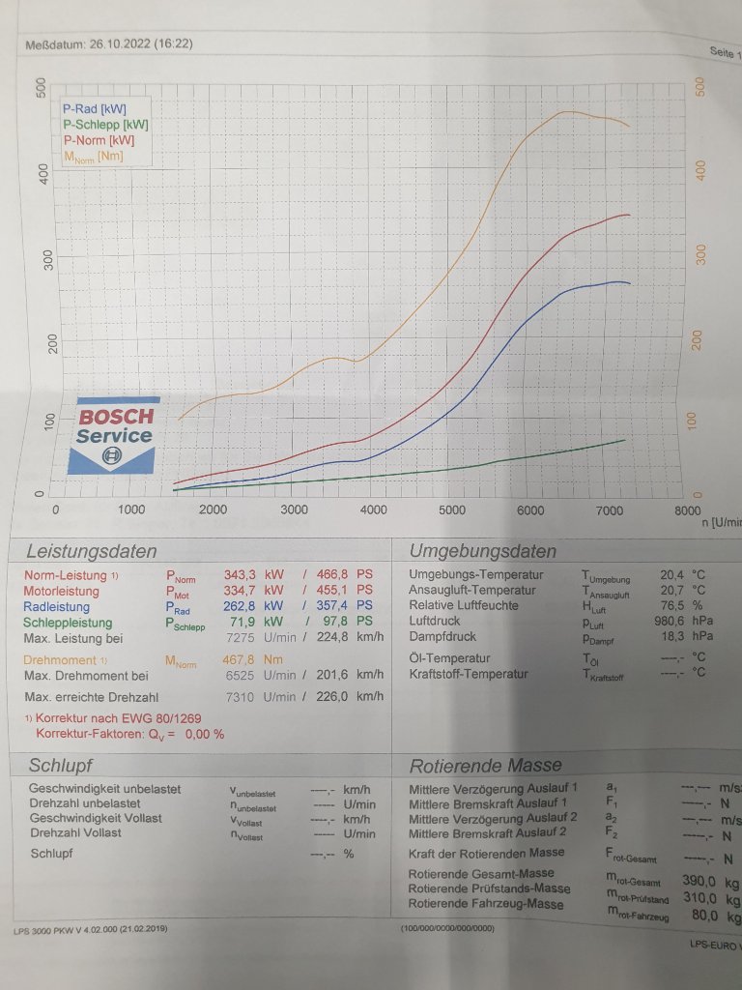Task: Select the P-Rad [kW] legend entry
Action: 94,109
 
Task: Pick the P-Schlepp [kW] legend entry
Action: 105,125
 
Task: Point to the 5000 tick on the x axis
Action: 452,510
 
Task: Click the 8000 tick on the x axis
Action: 687,510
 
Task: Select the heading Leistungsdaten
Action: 91,552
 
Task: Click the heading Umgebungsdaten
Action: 482,551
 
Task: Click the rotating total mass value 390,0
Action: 699,881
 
